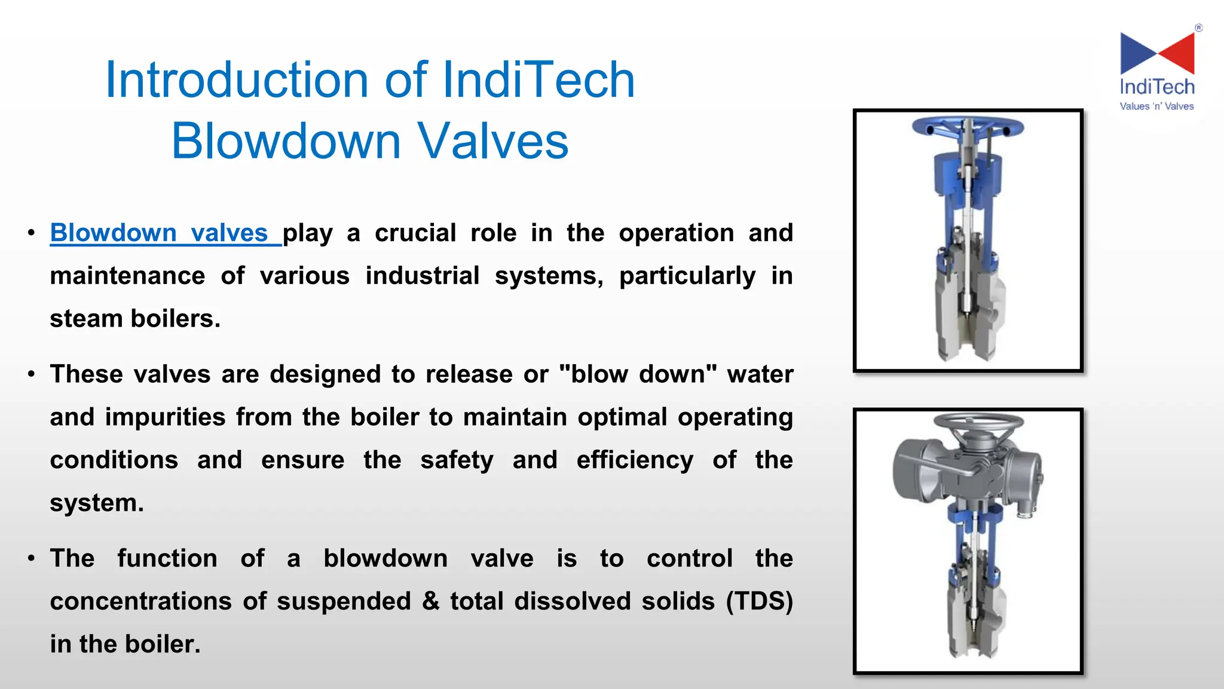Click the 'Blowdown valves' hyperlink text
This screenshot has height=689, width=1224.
pyautogui.click(x=159, y=233)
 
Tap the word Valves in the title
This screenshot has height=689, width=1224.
pyautogui.click(x=492, y=141)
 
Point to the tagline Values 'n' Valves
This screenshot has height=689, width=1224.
pyautogui.click(x=1156, y=106)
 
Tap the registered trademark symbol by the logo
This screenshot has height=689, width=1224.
pyautogui.click(x=1198, y=28)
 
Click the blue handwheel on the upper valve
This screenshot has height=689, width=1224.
pyautogui.click(x=968, y=127)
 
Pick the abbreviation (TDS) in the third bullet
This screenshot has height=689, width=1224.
pyautogui.click(x=759, y=601)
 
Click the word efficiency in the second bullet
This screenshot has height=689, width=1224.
pyautogui.click(x=635, y=460)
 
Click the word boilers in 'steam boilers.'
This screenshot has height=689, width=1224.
pyautogui.click(x=175, y=319)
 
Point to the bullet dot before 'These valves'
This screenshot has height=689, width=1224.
pyautogui.click(x=31, y=375)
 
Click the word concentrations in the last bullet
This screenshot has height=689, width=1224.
pyautogui.click(x=140, y=601)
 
